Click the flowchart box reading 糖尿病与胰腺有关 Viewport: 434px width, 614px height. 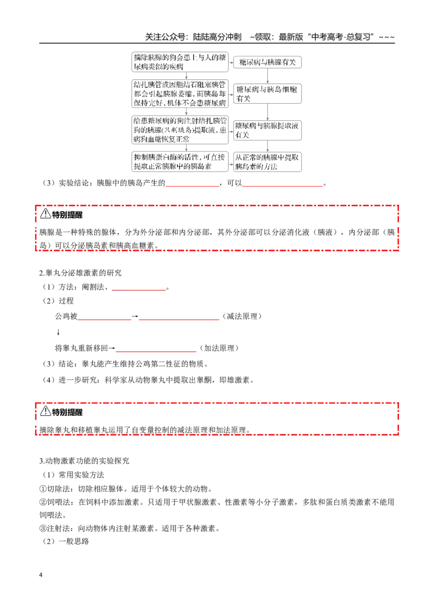click(x=267, y=62)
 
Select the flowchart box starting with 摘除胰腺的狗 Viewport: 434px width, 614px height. click(x=180, y=62)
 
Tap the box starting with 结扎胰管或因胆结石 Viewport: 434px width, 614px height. click(x=180, y=94)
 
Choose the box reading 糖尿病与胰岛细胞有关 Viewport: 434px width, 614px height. click(x=267, y=94)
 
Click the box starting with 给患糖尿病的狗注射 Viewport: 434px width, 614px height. click(x=180, y=130)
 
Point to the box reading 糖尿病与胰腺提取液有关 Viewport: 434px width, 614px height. click(x=267, y=130)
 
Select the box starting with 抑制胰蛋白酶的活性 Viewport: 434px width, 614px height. click(x=180, y=162)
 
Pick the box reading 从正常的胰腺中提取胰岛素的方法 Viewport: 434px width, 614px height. click(x=267, y=162)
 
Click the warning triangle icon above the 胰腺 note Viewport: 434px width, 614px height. click(x=46, y=213)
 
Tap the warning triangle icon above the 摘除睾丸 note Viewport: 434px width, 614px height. click(x=46, y=411)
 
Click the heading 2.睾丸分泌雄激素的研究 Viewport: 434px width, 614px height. click(x=80, y=273)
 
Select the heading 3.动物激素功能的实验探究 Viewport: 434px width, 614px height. click(x=84, y=461)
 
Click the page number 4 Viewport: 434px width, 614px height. click(x=41, y=575)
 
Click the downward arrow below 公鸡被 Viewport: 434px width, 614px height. click(x=59, y=332)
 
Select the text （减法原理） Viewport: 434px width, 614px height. click(x=241, y=316)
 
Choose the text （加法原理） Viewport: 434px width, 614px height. click(x=219, y=348)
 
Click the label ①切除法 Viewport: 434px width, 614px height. click(x=54, y=489)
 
